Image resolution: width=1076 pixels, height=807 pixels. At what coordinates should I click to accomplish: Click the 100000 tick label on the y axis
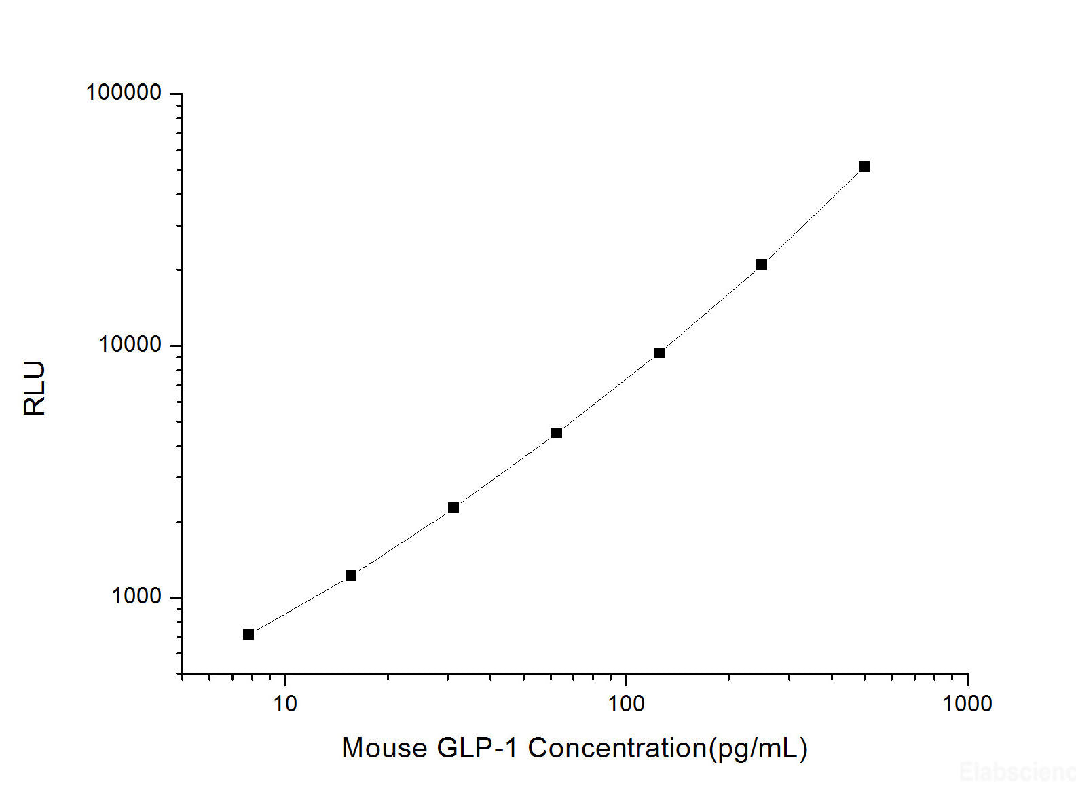pos(124,92)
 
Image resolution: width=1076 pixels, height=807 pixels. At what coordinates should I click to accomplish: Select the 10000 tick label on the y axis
pos(130,344)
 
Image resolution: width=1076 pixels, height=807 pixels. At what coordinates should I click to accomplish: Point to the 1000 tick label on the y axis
pos(137,596)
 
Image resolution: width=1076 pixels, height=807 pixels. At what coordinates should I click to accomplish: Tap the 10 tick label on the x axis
pos(285,703)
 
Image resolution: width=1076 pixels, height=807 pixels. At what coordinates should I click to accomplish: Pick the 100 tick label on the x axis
pos(626,703)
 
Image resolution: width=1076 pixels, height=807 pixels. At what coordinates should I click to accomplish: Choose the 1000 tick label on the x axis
pos(967,703)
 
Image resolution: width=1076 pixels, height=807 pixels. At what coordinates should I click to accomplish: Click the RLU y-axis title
pos(34,388)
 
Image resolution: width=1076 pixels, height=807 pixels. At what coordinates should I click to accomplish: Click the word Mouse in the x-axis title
pos(385,748)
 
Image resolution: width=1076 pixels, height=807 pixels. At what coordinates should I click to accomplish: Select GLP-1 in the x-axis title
pos(479,748)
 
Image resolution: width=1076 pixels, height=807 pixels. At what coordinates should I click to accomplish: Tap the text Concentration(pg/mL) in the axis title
pos(668,748)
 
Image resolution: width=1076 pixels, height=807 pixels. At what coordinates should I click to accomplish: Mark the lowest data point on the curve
pos(248,635)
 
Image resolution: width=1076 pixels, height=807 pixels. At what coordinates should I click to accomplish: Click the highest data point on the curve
pos(864,166)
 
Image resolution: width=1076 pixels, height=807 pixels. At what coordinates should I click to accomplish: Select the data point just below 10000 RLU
pos(659,353)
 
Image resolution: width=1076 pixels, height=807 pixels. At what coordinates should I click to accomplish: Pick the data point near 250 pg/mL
pos(762,265)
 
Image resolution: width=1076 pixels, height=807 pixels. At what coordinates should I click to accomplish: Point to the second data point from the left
pos(351,576)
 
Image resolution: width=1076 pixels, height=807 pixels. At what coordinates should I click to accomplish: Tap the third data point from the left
pos(453,508)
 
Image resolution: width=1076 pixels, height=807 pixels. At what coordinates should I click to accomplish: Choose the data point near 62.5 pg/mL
pos(557,433)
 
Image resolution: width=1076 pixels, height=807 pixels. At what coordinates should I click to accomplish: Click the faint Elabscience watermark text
pos(1016,772)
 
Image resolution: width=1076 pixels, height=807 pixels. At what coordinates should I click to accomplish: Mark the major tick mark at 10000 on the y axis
pos(176,345)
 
